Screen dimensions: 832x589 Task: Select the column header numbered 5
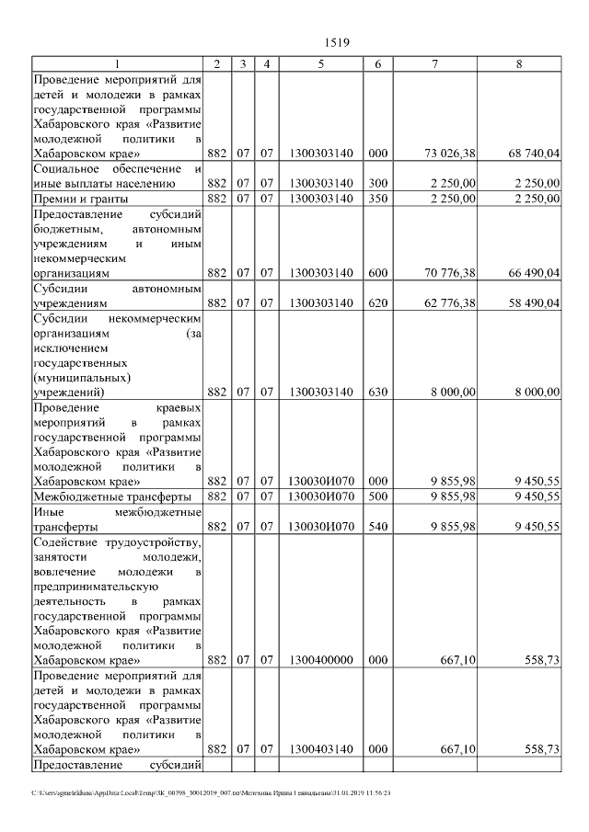[x=320, y=64]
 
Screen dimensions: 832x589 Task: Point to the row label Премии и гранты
[x=80, y=199]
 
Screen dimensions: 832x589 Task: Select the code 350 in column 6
[x=377, y=199]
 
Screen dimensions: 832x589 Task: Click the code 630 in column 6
[x=377, y=392]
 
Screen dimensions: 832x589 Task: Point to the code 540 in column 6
[x=377, y=526]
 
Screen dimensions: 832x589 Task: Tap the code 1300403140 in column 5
[x=320, y=749]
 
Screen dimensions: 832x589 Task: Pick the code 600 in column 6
[x=377, y=273]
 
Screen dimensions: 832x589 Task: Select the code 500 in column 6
[x=377, y=496]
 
